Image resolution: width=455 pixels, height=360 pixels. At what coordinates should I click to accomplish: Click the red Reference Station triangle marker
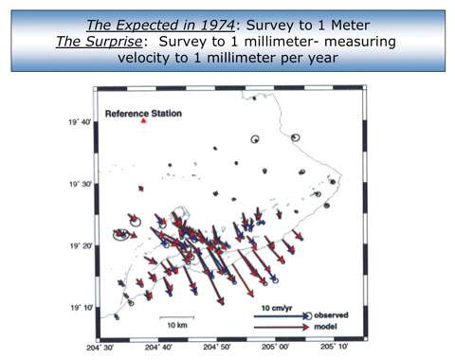click(x=142, y=122)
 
